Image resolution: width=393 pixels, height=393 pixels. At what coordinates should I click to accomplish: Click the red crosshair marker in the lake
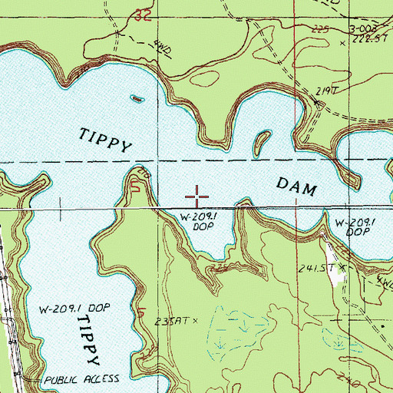(197, 196)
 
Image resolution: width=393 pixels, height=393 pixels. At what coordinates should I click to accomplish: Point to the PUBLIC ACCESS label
(82, 380)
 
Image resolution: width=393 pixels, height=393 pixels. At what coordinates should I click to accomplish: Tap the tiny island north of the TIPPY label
(137, 98)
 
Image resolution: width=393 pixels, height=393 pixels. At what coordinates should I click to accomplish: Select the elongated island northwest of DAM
(261, 140)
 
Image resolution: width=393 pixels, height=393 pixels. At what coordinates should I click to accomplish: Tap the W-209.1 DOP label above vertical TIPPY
(75, 308)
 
